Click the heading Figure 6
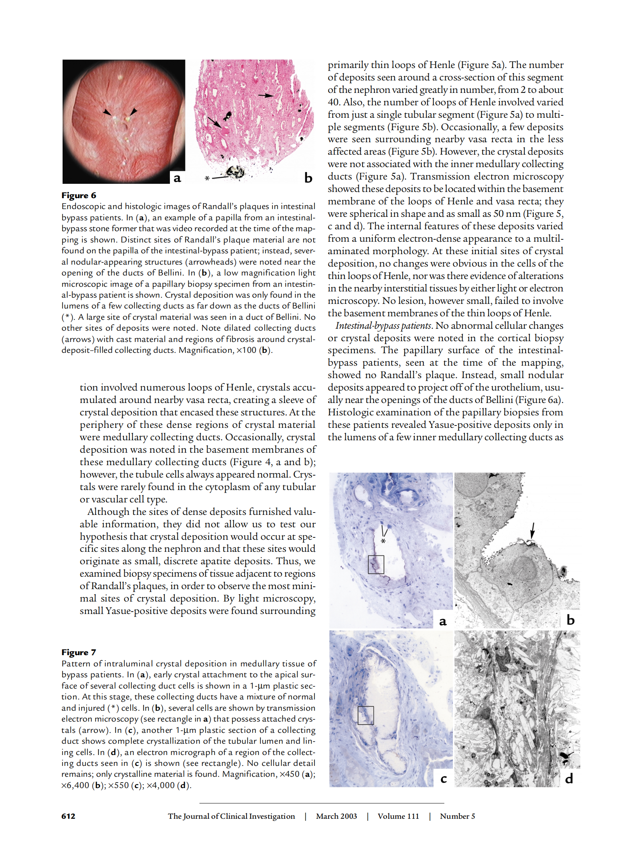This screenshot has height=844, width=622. (x=79, y=195)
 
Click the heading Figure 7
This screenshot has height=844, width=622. (x=79, y=652)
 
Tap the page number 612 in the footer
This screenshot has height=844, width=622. (x=68, y=816)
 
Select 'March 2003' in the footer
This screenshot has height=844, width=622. (x=336, y=816)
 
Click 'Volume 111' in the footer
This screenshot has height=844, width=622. (x=398, y=816)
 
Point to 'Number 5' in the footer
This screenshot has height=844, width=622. (x=457, y=816)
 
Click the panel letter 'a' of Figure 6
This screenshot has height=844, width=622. (x=177, y=178)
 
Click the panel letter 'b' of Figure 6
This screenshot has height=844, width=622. (x=308, y=178)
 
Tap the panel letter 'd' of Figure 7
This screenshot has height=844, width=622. (x=569, y=778)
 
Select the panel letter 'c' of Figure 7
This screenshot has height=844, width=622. (x=444, y=778)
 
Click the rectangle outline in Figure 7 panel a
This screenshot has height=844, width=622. (x=376, y=565)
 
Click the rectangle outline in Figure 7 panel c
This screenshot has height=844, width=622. (x=365, y=715)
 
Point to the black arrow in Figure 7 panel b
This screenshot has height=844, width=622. (x=532, y=531)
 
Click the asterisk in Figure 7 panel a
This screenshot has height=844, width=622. (x=383, y=541)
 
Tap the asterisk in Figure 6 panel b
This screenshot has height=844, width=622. (x=207, y=178)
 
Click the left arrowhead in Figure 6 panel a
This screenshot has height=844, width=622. (x=107, y=112)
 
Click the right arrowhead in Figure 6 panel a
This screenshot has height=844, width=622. (x=133, y=112)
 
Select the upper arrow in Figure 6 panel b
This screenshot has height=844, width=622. (x=266, y=95)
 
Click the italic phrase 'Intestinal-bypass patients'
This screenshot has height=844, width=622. (x=383, y=326)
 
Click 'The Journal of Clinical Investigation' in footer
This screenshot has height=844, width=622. (x=231, y=816)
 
